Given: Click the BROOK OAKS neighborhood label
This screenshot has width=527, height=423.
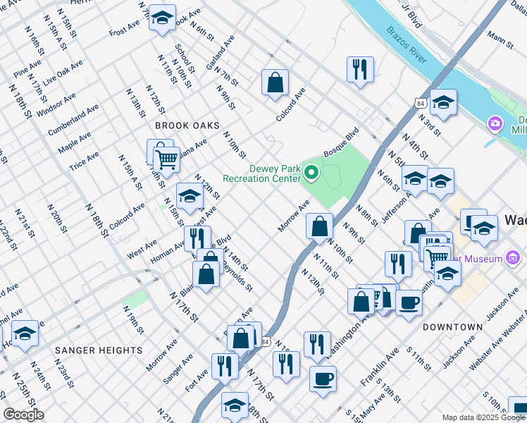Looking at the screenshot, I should coord(182,125).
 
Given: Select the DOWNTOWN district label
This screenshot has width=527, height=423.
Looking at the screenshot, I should coord(452,327).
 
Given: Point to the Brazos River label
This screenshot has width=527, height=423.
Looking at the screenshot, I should coord(406,45).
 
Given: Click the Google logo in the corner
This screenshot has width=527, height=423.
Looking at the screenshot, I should coord(23,414).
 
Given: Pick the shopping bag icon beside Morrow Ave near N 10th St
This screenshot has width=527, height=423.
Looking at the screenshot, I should coord(319,226).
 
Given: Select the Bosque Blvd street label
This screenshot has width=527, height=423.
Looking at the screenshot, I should coord(341,143).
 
